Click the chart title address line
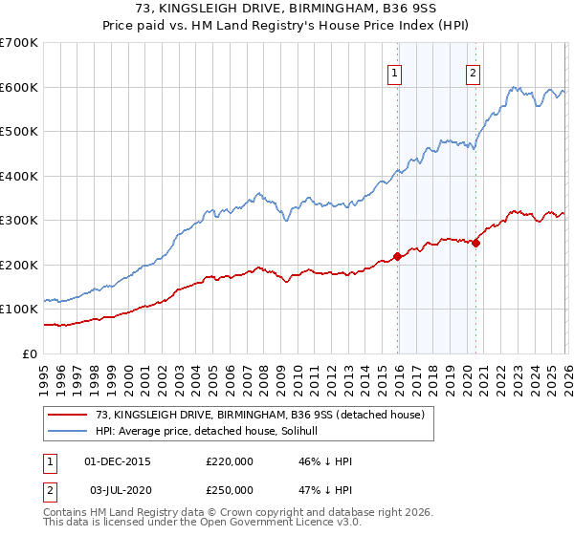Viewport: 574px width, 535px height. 287,10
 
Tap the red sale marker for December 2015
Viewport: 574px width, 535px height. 397,256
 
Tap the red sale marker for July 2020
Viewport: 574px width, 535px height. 475,243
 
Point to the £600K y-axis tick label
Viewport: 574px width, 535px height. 19,87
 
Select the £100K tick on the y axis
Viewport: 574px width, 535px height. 19,310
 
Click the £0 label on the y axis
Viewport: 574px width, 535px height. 29,353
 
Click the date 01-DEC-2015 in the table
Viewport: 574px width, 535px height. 118,461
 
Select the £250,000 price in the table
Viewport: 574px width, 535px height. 230,490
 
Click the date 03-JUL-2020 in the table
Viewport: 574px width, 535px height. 118,490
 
